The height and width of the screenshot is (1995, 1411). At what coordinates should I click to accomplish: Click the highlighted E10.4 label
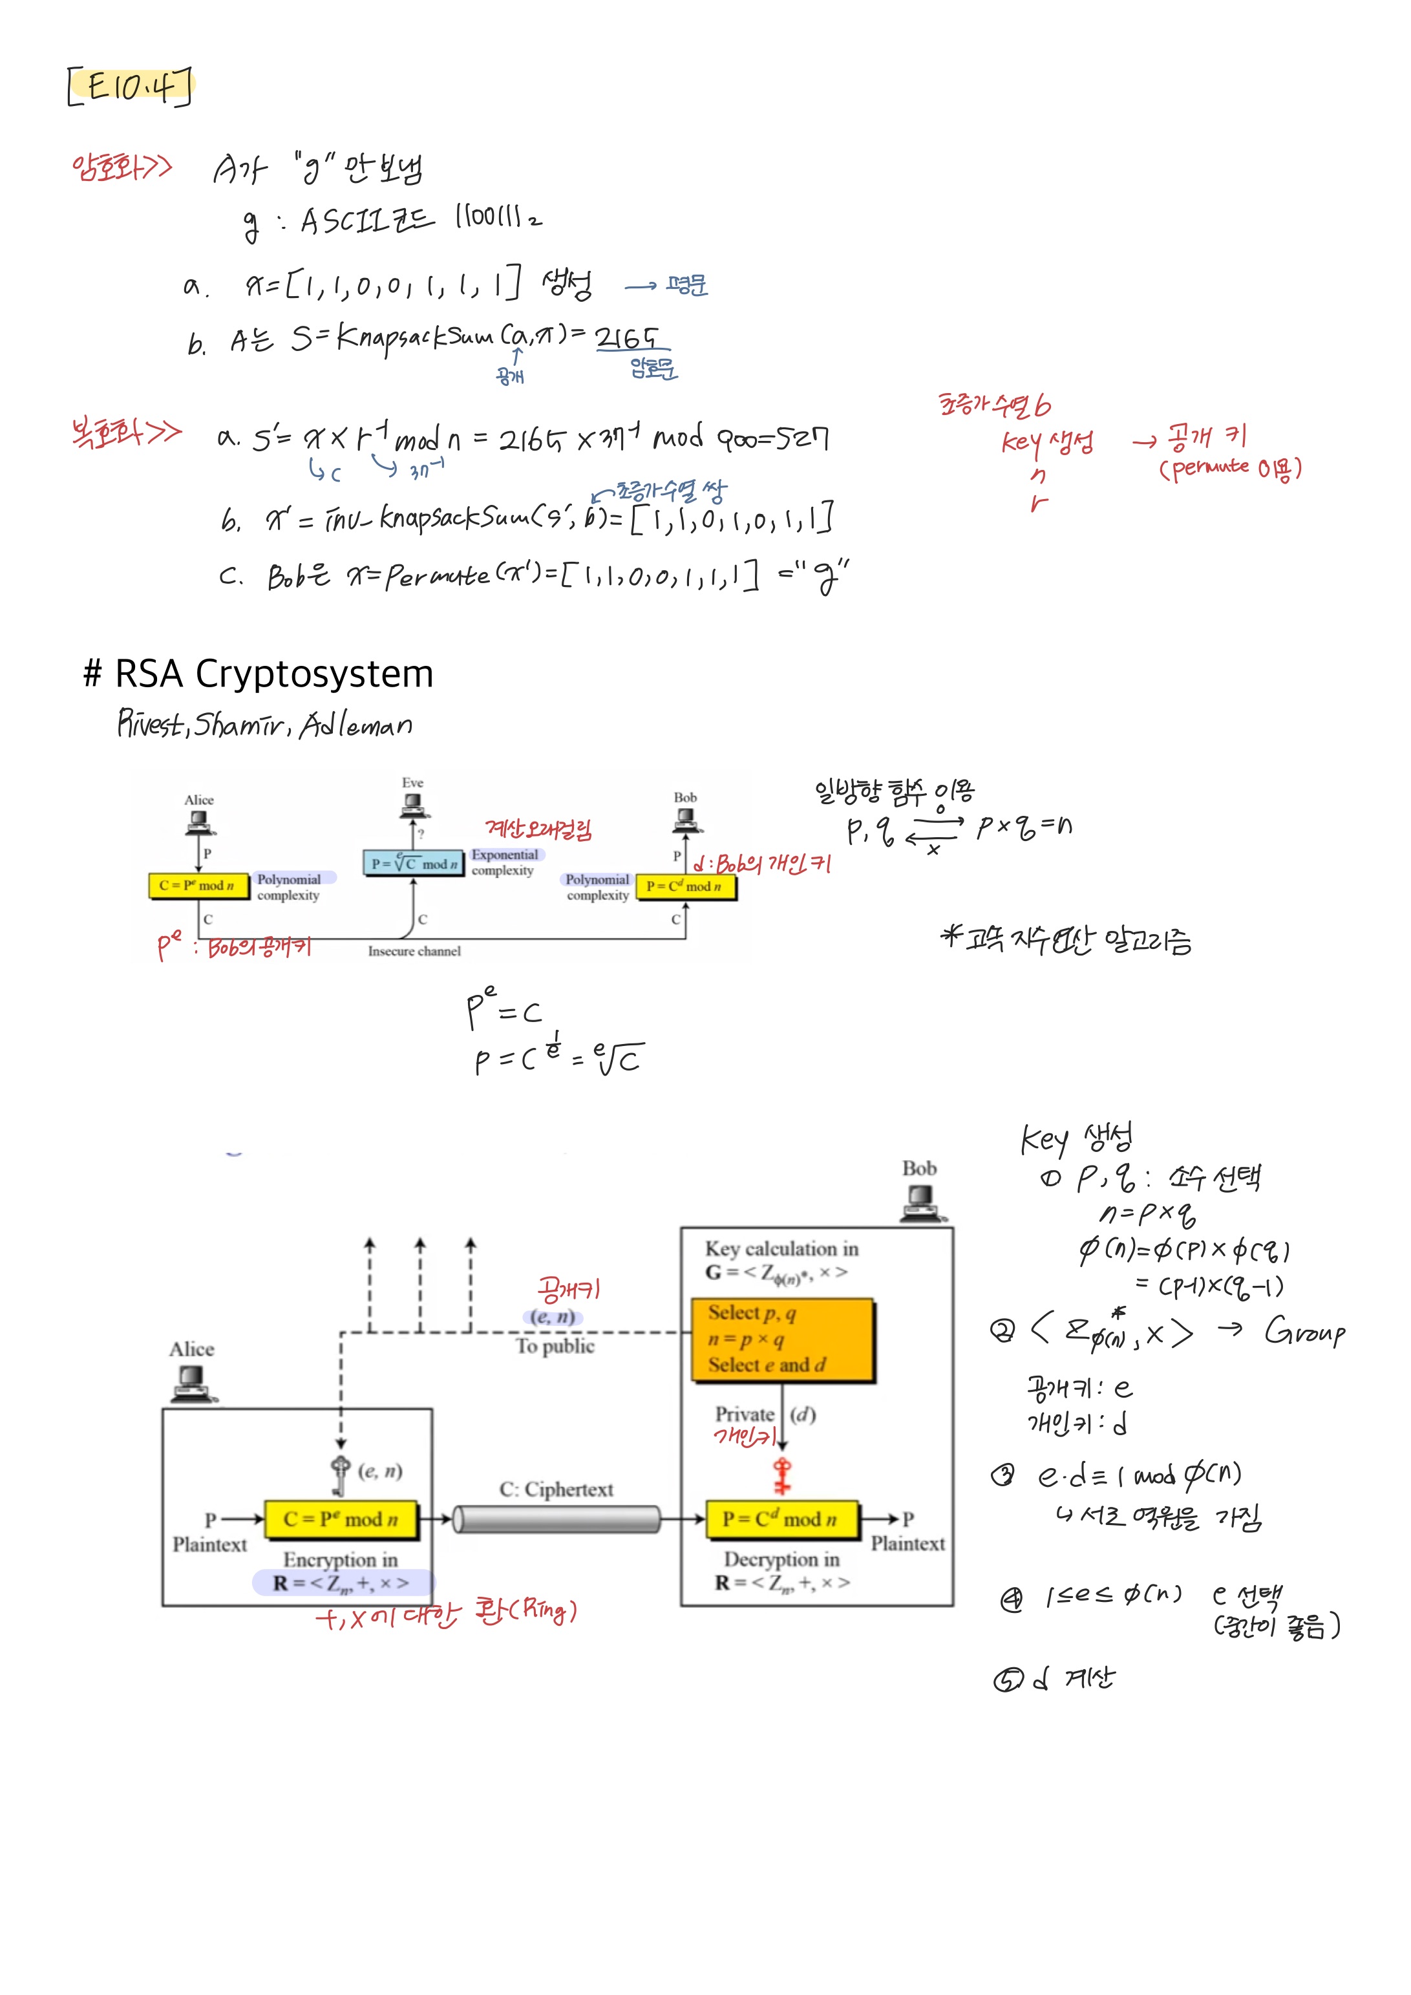131,86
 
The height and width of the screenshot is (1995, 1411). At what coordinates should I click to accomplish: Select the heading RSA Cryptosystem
258,674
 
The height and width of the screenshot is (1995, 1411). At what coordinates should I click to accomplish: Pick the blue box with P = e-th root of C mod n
414,863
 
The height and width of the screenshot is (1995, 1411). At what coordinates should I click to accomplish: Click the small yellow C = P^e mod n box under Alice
198,886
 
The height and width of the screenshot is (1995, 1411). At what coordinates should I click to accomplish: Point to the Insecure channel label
414,952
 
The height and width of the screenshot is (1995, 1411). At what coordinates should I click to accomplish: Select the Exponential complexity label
504,862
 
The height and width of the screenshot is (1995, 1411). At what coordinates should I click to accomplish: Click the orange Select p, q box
782,1339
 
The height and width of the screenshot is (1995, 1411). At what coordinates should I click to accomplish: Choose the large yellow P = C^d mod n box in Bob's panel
782,1519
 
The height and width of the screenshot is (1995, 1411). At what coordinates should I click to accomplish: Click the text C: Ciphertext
556,1489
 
